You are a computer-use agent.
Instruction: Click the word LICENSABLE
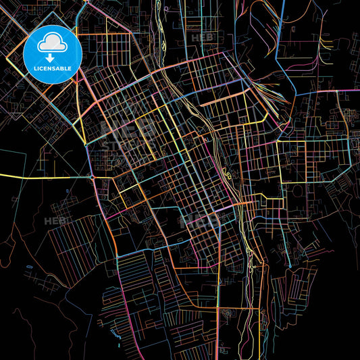pos(52,69)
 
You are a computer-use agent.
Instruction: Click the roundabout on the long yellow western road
pos(91,178)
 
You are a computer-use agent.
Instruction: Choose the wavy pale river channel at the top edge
pos(163,27)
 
